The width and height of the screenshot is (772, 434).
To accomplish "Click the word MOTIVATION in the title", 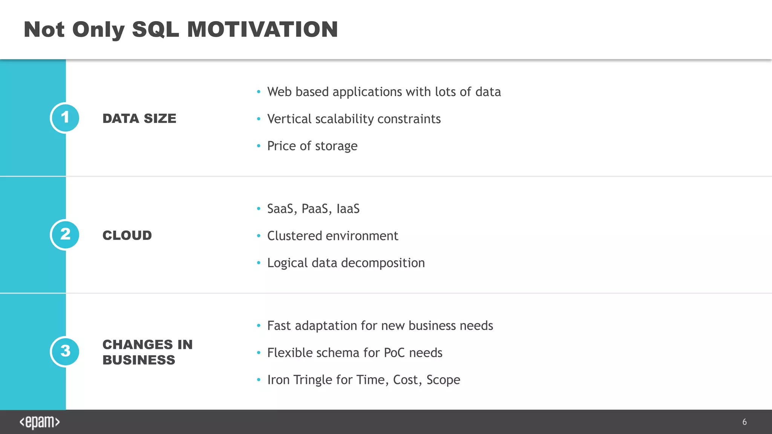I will [262, 29].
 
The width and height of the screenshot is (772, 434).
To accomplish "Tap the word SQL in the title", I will [155, 29].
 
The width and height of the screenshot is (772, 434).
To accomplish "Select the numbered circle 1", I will [65, 118].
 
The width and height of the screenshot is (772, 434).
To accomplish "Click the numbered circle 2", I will [65, 235].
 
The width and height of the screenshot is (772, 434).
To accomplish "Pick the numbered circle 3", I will [65, 351].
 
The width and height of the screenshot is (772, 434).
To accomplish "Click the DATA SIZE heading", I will [139, 118].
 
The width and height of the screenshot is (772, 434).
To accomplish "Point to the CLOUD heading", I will [127, 235].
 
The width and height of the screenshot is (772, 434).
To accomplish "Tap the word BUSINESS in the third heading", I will [139, 360].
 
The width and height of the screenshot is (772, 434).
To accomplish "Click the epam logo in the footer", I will [40, 422].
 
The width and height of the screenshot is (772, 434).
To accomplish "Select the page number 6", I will [744, 422].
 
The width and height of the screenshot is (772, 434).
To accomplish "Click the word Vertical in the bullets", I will [289, 119].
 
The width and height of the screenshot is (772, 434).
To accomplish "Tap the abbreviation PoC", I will [394, 353].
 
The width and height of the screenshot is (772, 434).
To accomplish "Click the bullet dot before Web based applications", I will [259, 92].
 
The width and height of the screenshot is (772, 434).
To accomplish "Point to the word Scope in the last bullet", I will [443, 380].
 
